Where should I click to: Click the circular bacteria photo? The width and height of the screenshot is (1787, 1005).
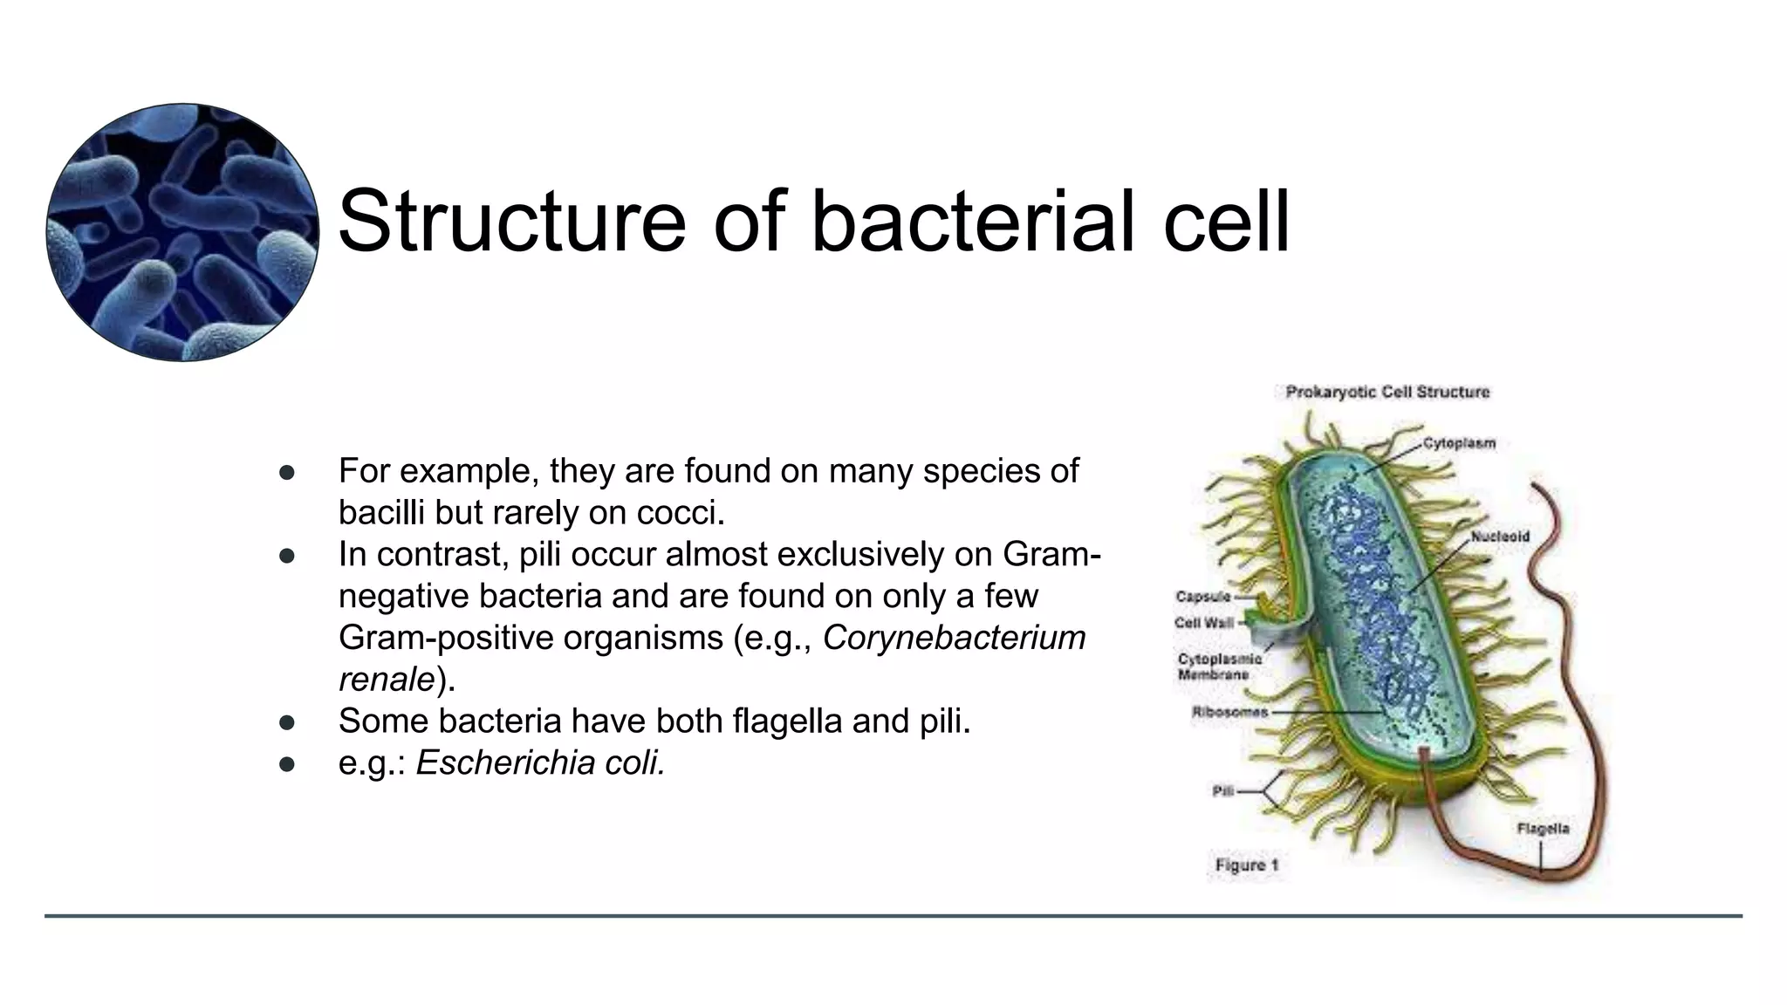[182, 232]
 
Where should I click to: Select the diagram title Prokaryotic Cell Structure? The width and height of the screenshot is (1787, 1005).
[1387, 392]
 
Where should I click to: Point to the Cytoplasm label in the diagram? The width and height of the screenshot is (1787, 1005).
[1459, 443]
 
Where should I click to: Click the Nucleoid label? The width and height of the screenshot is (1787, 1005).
[1500, 537]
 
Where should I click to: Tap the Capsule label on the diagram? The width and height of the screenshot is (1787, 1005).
[1203, 597]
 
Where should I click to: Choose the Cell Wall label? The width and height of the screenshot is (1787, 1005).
[1204, 623]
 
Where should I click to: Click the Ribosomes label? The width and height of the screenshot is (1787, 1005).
[1229, 712]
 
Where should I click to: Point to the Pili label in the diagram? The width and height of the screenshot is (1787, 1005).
[1222, 791]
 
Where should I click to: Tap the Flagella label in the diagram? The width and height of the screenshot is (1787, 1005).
[1543, 828]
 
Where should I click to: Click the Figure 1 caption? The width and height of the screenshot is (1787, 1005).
[1247, 865]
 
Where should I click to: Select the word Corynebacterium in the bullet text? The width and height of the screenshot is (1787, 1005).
[954, 638]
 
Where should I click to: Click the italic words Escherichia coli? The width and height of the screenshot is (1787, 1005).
[541, 763]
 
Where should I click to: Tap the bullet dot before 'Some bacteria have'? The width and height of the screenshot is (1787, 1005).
[287, 722]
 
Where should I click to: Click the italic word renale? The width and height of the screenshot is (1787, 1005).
[387, 680]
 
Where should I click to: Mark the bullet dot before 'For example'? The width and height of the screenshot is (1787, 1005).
[287, 472]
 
